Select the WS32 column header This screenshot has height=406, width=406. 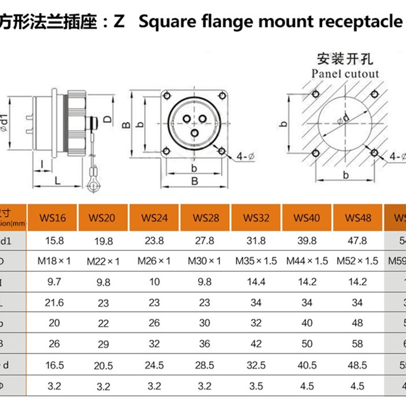(256, 218)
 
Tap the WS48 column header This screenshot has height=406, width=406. (358, 218)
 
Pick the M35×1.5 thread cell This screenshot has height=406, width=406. (256, 261)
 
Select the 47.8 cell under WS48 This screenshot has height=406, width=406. (358, 241)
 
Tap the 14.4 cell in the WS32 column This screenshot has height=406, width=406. (256, 282)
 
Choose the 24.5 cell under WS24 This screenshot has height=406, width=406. (154, 365)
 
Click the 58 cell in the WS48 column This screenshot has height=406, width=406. (358, 344)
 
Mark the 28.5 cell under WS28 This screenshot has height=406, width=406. (205, 365)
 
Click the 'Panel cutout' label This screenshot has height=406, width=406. (345, 73)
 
